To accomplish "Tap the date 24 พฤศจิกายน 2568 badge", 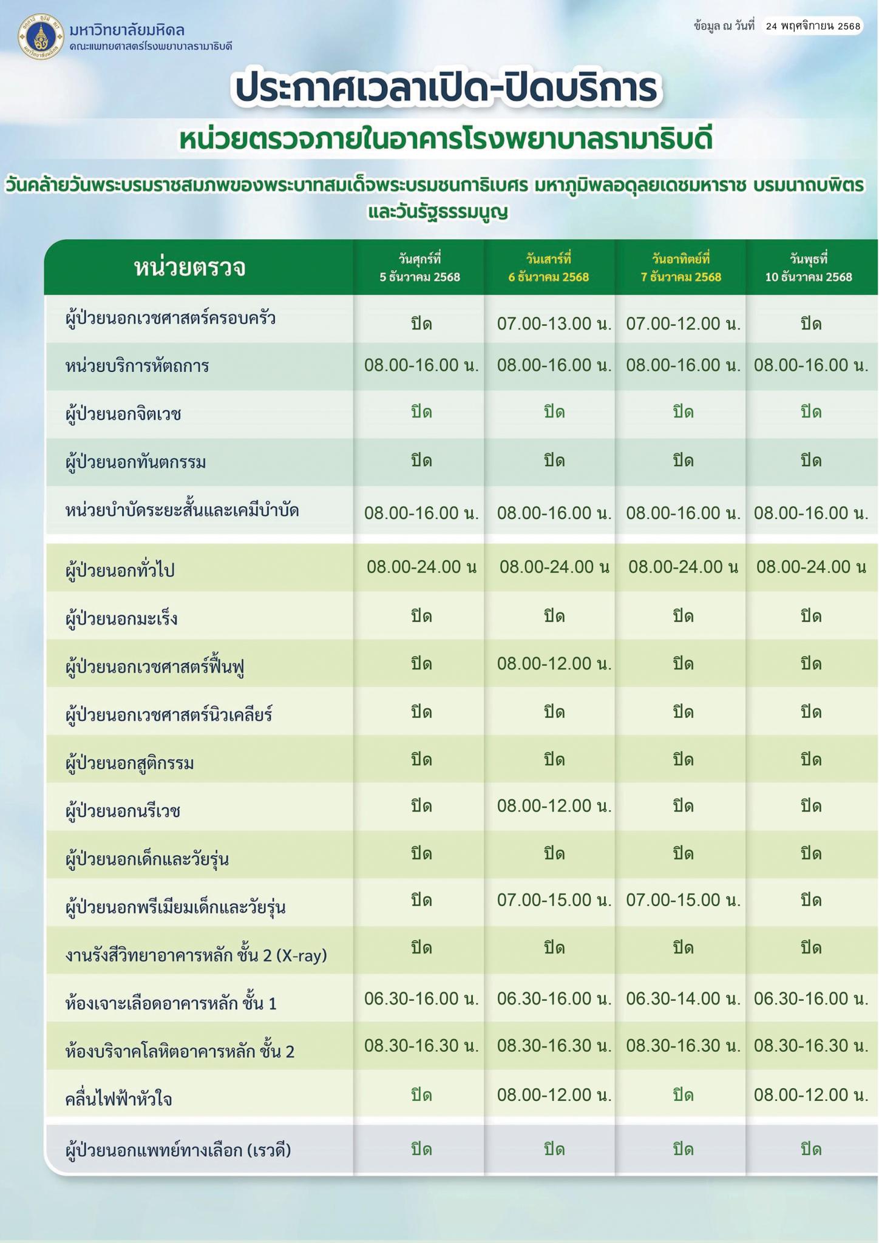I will click(812, 26).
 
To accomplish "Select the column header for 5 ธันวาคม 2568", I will click(419, 268).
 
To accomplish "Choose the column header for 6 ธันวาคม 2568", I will click(549, 268).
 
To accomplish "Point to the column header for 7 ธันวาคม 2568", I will click(680, 268).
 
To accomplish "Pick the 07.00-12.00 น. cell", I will click(683, 323).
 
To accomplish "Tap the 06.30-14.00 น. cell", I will click(683, 998).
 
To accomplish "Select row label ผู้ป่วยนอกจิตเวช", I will click(123, 415).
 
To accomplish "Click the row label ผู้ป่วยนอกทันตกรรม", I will click(135, 462).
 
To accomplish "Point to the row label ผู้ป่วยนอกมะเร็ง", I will click(121, 619).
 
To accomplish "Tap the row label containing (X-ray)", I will click(196, 955).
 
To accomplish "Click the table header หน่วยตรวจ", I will click(189, 268).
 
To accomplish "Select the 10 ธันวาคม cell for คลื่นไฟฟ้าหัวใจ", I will click(811, 1095).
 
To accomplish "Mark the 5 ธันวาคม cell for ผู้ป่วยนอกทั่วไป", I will click(421, 567).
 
